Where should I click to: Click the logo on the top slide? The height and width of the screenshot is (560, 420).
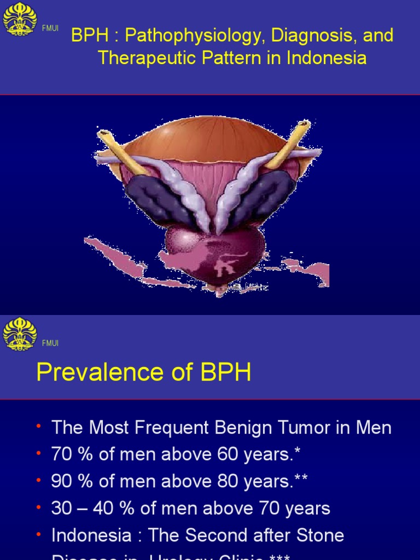click(x=20, y=20)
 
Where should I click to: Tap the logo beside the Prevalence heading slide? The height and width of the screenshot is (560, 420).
click(x=20, y=334)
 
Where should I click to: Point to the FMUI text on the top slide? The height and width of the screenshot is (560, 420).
click(x=50, y=28)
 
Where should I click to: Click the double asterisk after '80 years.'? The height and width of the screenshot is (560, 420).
click(x=301, y=479)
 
